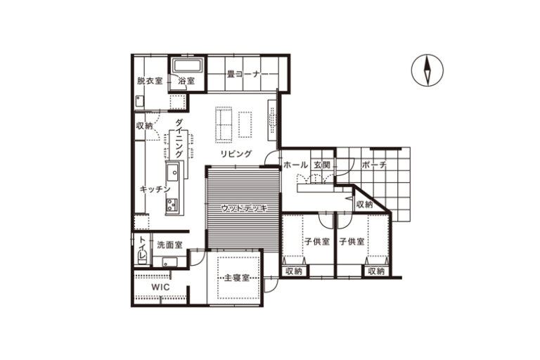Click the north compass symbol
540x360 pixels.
pos(427,70)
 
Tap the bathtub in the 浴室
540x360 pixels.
pos(187,65)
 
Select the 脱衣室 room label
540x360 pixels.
pos(150,81)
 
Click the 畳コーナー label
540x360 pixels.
pos(247,74)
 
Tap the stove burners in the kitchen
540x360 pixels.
pos(172,205)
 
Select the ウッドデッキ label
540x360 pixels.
pos(244,207)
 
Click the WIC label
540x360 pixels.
pos(160,287)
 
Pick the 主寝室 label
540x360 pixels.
pos(236,278)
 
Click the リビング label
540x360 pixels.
pos(236,154)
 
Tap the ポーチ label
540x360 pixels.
pos(374,165)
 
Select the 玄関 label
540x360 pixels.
pos(321,165)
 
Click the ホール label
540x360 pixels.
pos(295,165)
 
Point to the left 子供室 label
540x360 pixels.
pos(317,241)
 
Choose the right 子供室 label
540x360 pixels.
pos(352,241)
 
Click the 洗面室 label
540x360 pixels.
pos(169,245)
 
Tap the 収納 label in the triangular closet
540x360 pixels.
pos(364,205)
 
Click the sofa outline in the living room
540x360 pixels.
pos(224,124)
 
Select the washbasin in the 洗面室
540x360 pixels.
pos(169,262)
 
